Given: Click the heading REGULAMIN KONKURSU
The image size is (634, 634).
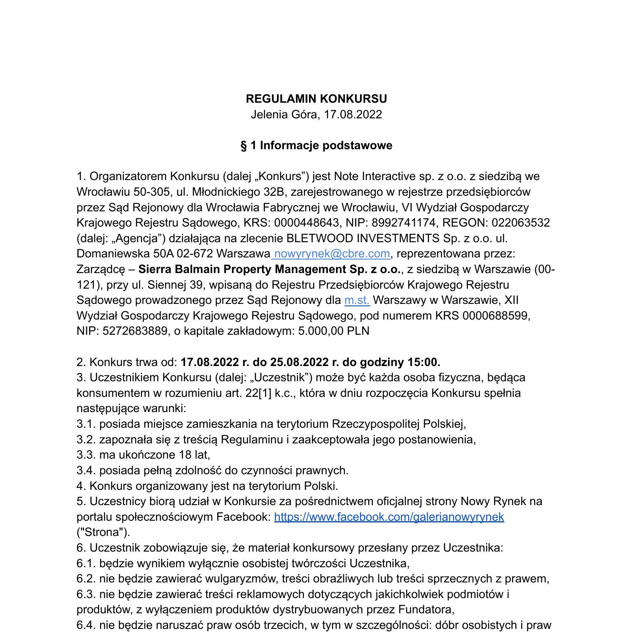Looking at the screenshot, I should [x=316, y=99].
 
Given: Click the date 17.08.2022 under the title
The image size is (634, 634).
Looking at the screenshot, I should [x=353, y=115].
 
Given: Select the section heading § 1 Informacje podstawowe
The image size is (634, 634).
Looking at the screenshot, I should [x=316, y=145].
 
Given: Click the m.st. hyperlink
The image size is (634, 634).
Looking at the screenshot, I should [x=357, y=300].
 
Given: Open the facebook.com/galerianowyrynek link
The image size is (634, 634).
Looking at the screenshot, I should [x=389, y=517].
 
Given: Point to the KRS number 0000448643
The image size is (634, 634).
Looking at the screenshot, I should [x=306, y=223].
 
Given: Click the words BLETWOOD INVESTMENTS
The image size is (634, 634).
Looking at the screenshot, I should [x=363, y=238].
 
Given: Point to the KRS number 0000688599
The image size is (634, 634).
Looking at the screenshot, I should [x=495, y=316].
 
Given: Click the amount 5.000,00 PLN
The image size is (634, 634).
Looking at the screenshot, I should [x=333, y=331].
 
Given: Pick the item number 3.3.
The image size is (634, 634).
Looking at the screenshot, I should [x=86, y=455].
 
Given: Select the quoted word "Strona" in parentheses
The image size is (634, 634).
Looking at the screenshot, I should [x=103, y=532].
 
